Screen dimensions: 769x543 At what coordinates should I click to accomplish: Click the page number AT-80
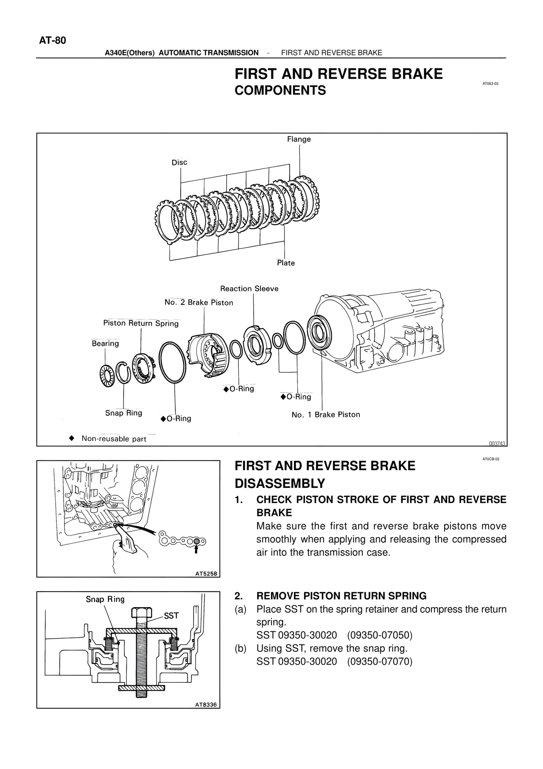click(53, 40)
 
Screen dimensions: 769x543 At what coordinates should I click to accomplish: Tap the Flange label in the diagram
click(299, 139)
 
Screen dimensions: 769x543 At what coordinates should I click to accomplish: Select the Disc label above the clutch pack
click(179, 162)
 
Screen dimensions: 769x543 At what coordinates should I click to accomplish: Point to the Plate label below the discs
click(285, 263)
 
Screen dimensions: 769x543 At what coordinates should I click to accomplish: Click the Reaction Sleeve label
click(249, 289)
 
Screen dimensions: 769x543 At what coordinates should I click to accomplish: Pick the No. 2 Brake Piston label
click(199, 302)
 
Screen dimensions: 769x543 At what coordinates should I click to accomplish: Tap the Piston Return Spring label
click(141, 323)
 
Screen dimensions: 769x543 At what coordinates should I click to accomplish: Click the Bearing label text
click(105, 343)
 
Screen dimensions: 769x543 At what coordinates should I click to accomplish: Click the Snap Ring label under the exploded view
click(123, 413)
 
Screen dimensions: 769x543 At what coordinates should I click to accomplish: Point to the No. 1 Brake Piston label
click(325, 414)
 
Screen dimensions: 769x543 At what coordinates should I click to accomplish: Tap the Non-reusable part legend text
click(114, 439)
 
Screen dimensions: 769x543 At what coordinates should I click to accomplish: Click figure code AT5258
click(206, 574)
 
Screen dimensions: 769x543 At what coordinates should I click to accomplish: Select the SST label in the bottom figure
click(171, 616)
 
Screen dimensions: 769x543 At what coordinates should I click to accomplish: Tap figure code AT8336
click(206, 704)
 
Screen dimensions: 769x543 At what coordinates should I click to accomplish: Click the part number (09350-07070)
click(379, 662)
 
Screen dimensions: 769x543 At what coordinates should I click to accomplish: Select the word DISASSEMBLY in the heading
click(280, 483)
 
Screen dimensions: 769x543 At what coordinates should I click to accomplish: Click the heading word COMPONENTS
click(280, 90)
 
